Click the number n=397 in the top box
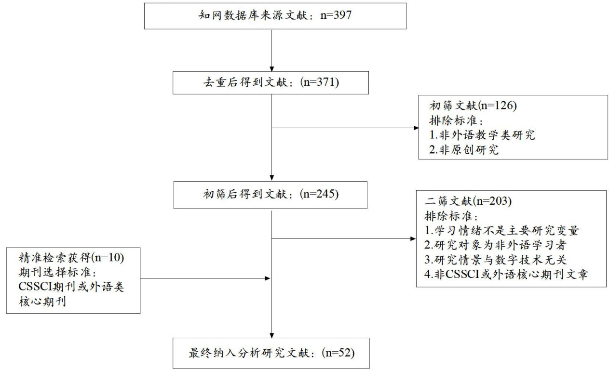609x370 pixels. pyautogui.click(x=336, y=15)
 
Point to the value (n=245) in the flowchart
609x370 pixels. pyautogui.click(x=320, y=194)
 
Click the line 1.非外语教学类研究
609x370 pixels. pyautogui.click(x=482, y=135)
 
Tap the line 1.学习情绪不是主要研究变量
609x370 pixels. pyautogui.click(x=504, y=230)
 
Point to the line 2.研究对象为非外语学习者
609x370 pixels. pyautogui.click(x=497, y=245)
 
